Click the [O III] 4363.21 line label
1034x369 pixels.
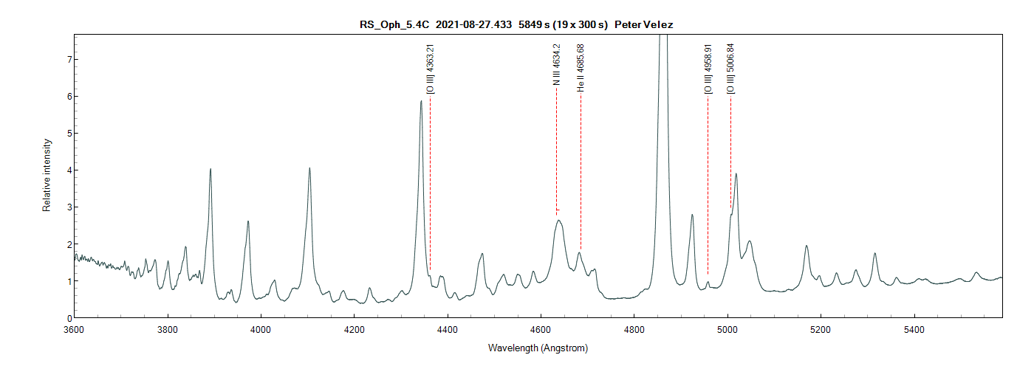point(431,69)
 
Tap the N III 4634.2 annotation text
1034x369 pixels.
point(557,65)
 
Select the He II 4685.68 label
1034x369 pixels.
point(581,67)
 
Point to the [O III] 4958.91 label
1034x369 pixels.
point(708,69)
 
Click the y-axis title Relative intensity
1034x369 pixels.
point(47,175)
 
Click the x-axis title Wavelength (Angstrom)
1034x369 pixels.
point(538,348)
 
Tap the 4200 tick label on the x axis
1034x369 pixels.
point(355,330)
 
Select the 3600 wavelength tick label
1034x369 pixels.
point(75,330)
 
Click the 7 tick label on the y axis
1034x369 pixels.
point(67,59)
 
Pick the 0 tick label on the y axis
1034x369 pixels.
point(67,318)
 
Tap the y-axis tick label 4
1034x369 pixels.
point(67,170)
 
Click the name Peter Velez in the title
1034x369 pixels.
point(643,24)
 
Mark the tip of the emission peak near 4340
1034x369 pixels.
point(421,101)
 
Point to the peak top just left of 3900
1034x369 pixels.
point(210,169)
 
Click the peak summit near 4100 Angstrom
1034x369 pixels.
point(309,168)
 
